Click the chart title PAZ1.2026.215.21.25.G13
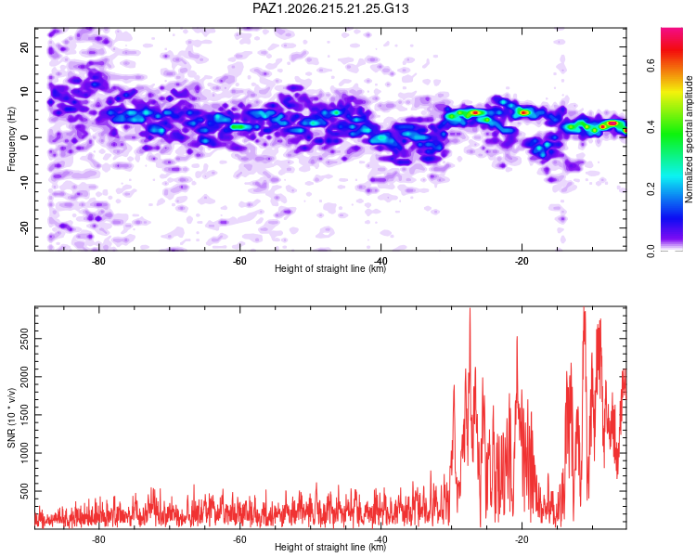[x=330, y=8]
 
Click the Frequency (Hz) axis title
[x=11, y=139]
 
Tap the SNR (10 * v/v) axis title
[x=11, y=418]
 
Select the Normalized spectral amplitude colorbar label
[x=689, y=139]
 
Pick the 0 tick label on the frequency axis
[x=24, y=137]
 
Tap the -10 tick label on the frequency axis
[x=24, y=183]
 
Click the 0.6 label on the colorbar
[x=651, y=66]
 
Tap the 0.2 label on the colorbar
[x=651, y=188]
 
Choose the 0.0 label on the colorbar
[x=651, y=251]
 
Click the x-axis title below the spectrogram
[x=330, y=268]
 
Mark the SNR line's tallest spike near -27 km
[x=470, y=308]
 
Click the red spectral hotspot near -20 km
[x=524, y=113]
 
